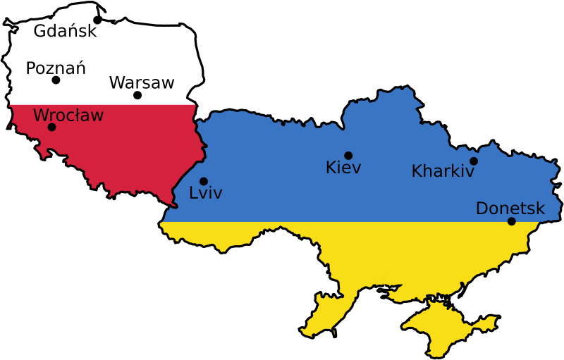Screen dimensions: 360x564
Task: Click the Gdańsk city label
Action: pyautogui.click(x=64, y=31)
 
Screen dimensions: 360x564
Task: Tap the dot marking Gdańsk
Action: pyautogui.click(x=97, y=20)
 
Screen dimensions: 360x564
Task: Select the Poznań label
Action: pyautogui.click(x=56, y=68)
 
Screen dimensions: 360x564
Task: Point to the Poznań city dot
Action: pyautogui.click(x=56, y=80)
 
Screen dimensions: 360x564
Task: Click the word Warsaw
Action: pyautogui.click(x=142, y=82)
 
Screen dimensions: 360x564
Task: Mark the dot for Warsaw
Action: pyautogui.click(x=137, y=95)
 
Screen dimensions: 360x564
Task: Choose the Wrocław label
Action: pyautogui.click(x=68, y=115)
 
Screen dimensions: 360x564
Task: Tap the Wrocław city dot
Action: pyautogui.click(x=51, y=128)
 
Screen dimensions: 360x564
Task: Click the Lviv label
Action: pyautogui.click(x=206, y=192)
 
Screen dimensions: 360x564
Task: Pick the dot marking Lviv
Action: pyautogui.click(x=204, y=181)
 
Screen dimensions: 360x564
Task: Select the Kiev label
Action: pyautogui.click(x=343, y=168)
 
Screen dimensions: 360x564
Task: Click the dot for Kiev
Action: pyautogui.click(x=348, y=156)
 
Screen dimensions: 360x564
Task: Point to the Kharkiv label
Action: pyautogui.click(x=443, y=171)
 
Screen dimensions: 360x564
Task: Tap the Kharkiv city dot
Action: pyautogui.click(x=474, y=161)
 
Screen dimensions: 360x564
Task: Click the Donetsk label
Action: pyautogui.click(x=510, y=209)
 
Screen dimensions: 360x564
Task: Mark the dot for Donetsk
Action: pyautogui.click(x=512, y=221)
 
